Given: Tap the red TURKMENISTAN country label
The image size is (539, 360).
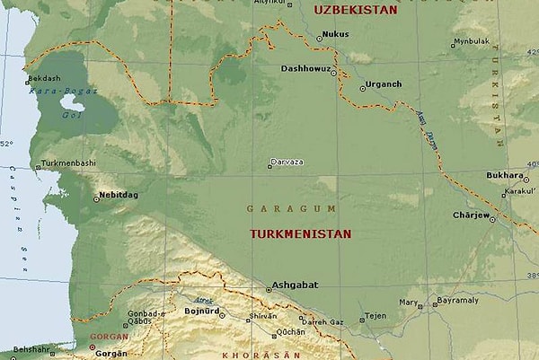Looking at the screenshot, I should point(300,233).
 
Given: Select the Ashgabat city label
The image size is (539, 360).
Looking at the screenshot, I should point(296,285).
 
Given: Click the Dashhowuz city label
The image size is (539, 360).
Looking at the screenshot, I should point(305,69).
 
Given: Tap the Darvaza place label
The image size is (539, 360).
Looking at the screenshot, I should point(289,162).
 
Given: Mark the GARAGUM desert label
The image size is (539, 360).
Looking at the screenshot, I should point(292,208).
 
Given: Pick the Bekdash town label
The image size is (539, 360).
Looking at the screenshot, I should point(44,79).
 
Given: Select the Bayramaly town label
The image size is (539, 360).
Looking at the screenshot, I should point(456,299).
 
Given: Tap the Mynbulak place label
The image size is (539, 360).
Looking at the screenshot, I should point(472,41).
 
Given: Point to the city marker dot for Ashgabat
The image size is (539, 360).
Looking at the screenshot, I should point(268,289).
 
